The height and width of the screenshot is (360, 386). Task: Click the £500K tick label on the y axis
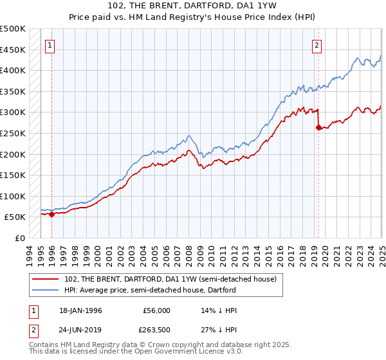[x=13, y=29]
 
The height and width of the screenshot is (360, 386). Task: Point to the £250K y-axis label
[x=13, y=133]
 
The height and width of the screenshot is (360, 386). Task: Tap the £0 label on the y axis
[x=20, y=238]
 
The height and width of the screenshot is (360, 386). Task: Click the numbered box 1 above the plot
[x=50, y=45]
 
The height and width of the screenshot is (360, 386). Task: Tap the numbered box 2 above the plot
[x=318, y=45]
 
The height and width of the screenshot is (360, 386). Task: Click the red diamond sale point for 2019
[x=318, y=127]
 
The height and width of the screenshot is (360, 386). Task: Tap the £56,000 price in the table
[x=156, y=310]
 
